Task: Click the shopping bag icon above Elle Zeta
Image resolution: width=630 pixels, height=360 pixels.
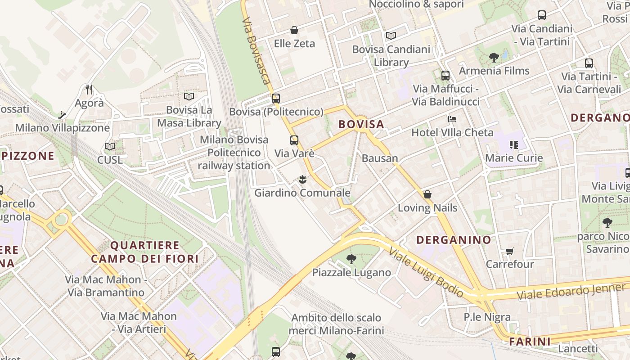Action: click(x=294, y=30)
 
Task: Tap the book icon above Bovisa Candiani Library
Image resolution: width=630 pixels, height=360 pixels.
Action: click(x=391, y=36)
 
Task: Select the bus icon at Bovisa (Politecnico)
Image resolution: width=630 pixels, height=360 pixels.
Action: click(x=276, y=98)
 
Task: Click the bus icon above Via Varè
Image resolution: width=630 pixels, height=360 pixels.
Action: click(x=294, y=140)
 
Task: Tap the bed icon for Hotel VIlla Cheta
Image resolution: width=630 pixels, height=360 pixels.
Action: click(x=452, y=119)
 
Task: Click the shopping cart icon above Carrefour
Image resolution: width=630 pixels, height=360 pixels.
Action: click(x=509, y=251)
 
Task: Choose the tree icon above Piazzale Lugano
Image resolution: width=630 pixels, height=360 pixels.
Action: click(x=351, y=259)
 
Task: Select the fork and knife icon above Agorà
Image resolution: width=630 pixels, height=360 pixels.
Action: click(x=89, y=90)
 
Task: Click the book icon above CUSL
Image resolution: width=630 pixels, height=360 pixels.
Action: click(x=110, y=146)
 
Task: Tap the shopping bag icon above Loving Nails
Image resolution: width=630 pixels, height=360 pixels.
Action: click(x=427, y=194)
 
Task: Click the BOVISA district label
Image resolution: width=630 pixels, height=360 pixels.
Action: click(x=361, y=124)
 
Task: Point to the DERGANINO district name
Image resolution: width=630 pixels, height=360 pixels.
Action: click(x=454, y=240)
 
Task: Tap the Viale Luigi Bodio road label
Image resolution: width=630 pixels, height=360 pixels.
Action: click(x=426, y=272)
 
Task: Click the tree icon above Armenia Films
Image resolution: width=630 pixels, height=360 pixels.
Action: click(x=494, y=57)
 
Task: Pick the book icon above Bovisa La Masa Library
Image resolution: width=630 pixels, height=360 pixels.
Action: click(x=189, y=96)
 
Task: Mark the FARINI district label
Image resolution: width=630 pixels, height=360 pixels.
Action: click(x=530, y=342)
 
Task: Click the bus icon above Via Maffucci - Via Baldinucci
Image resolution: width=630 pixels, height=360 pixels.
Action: click(x=445, y=76)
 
